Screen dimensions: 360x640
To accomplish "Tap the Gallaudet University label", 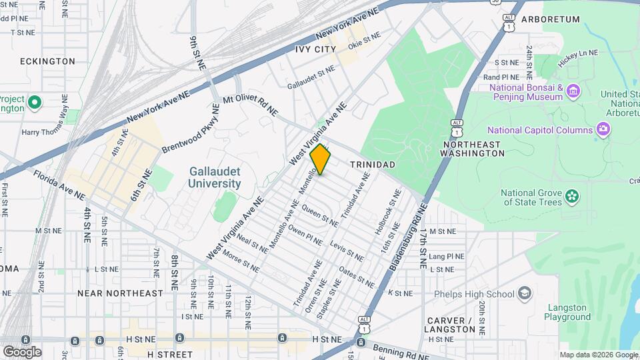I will pyautogui.click(x=214, y=177).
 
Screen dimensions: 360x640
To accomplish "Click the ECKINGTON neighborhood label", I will pyautogui.click(x=47, y=61).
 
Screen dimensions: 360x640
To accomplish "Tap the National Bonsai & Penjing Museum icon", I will pyautogui.click(x=573, y=89).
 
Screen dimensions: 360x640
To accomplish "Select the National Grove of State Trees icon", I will pyautogui.click(x=571, y=195).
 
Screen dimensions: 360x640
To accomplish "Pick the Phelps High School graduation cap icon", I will pyautogui.click(x=525, y=293).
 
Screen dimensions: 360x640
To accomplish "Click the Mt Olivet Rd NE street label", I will pyautogui.click(x=250, y=105).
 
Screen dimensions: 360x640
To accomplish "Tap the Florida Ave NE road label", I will pyautogui.click(x=59, y=185).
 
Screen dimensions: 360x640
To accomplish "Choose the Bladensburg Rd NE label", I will pyautogui.click(x=407, y=241).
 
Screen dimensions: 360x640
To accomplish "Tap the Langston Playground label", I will pyautogui.click(x=567, y=313).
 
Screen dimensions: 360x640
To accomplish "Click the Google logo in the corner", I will pyautogui.click(x=22, y=351).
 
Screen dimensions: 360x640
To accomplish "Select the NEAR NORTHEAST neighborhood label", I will pyautogui.click(x=120, y=293).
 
